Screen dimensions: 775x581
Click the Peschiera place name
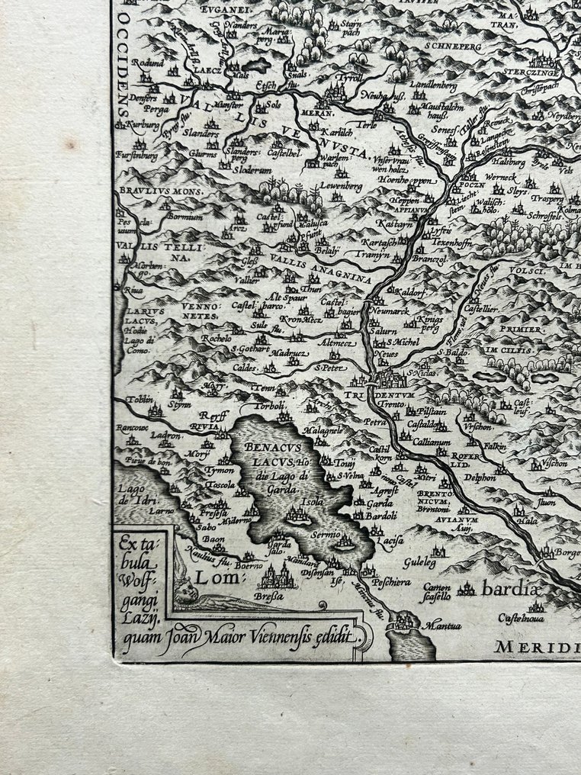coord(391,583)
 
